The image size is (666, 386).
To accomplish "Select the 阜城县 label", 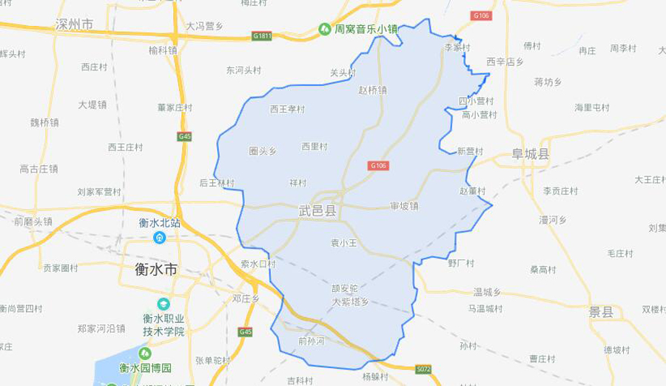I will click(531, 154).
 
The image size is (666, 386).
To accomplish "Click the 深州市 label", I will click(74, 24).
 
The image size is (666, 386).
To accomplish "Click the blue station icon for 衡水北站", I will click(159, 237).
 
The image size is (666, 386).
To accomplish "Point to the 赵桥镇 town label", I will click(372, 90).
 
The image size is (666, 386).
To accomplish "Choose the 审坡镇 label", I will click(404, 205).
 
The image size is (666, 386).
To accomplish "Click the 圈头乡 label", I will click(263, 151).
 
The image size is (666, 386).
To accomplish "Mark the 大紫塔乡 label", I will click(349, 302).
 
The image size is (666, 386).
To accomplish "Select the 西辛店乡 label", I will click(505, 61).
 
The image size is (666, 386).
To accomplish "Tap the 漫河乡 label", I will click(553, 220).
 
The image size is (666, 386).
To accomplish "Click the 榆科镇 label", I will click(163, 51).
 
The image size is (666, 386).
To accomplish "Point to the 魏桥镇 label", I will click(44, 122).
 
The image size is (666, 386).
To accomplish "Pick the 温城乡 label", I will click(488, 290).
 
